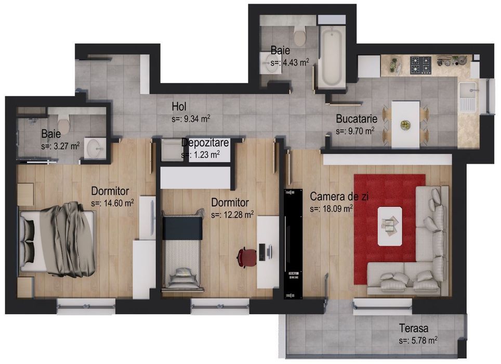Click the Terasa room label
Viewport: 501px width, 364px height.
click(414, 328)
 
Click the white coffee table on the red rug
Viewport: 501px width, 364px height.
click(389, 225)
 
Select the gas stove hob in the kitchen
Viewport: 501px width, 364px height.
click(420, 65)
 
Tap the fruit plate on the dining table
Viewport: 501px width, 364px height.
click(405, 125)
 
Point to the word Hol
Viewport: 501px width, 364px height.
click(179, 107)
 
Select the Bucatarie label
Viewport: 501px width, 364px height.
click(356, 119)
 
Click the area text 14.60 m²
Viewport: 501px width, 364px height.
click(112, 203)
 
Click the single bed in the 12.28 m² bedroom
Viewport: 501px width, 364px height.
click(182, 250)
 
